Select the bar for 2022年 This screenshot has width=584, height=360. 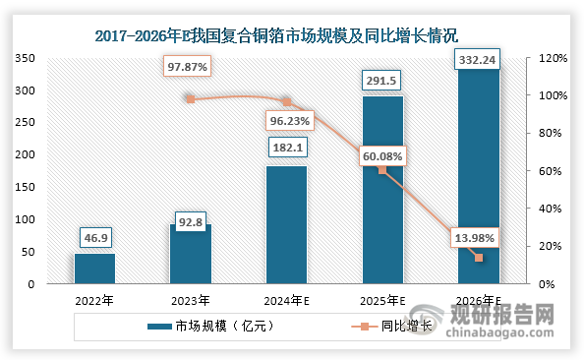click(95, 269)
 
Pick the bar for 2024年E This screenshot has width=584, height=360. click(286, 225)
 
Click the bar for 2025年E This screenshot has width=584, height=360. click(381, 190)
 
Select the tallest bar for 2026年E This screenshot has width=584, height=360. click(478, 177)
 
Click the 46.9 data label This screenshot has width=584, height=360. click(95, 237)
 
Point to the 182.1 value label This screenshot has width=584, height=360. click(286, 149)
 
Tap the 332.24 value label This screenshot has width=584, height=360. click(478, 61)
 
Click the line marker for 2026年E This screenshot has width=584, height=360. click(479, 258)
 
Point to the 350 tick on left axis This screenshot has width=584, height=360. click(26, 59)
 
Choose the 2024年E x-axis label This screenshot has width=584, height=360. click(286, 301)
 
